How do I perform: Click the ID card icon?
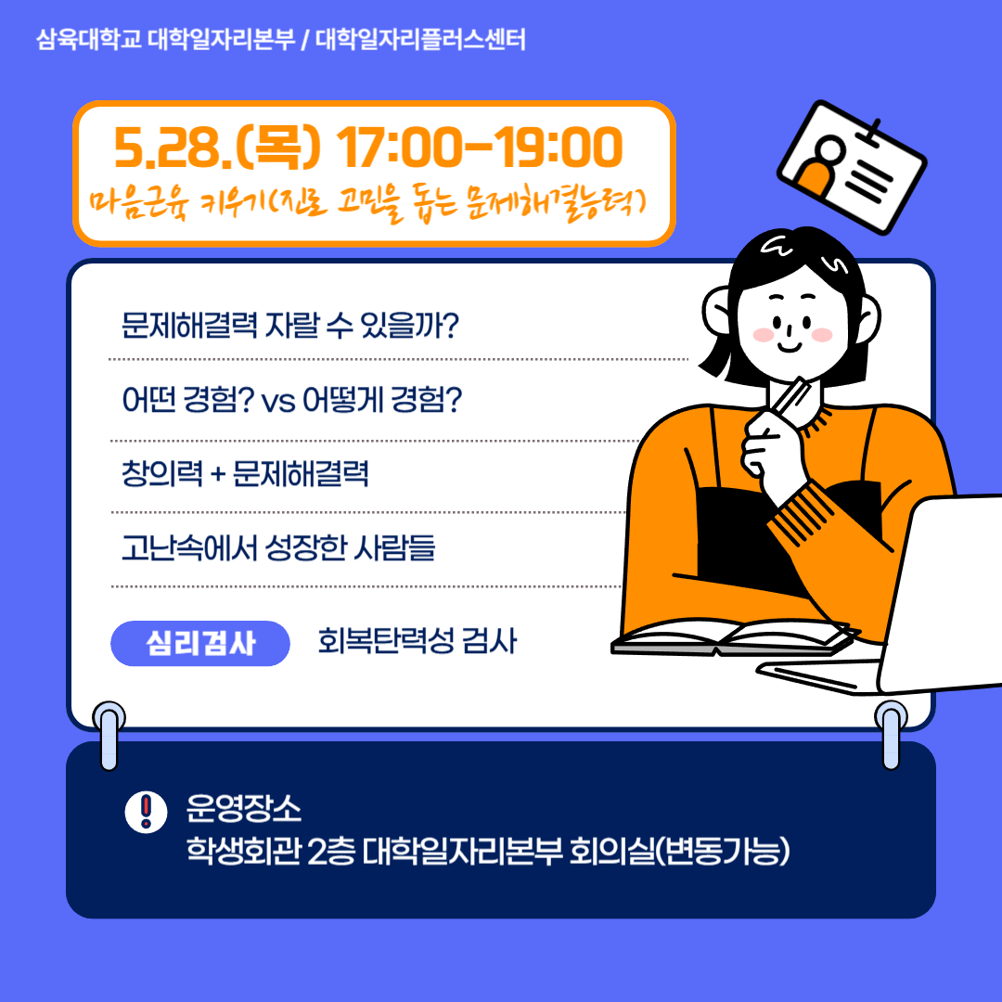851,167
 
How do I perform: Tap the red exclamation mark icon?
146,812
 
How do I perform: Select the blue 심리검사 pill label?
200,644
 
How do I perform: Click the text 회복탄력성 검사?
417,641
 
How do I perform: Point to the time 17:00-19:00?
480,147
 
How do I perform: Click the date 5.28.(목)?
217,148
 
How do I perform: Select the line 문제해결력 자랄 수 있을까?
290,326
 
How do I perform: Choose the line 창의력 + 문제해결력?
245,473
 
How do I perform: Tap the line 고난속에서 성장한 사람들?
278,547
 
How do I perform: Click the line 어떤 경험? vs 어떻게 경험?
291,399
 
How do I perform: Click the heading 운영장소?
243,808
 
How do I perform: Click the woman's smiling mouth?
790,346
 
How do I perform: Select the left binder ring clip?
109,735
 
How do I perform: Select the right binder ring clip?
891,735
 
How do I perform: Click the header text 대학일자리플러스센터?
420,40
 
